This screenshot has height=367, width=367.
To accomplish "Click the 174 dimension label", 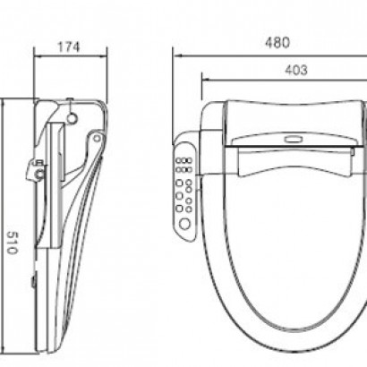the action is click(69, 47).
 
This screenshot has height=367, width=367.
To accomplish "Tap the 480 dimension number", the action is click(277, 42).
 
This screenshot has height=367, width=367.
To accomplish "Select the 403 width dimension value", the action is click(296, 70).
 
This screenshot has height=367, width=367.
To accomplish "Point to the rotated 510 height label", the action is click(11, 243).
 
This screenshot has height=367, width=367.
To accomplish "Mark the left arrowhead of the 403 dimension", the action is click(207, 80).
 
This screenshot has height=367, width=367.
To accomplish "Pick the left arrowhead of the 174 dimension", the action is click(38, 56).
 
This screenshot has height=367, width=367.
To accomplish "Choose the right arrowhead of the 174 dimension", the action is click(102, 56).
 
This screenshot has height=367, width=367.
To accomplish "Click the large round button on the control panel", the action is click(184, 223).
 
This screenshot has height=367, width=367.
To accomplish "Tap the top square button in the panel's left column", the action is click(179, 183).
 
